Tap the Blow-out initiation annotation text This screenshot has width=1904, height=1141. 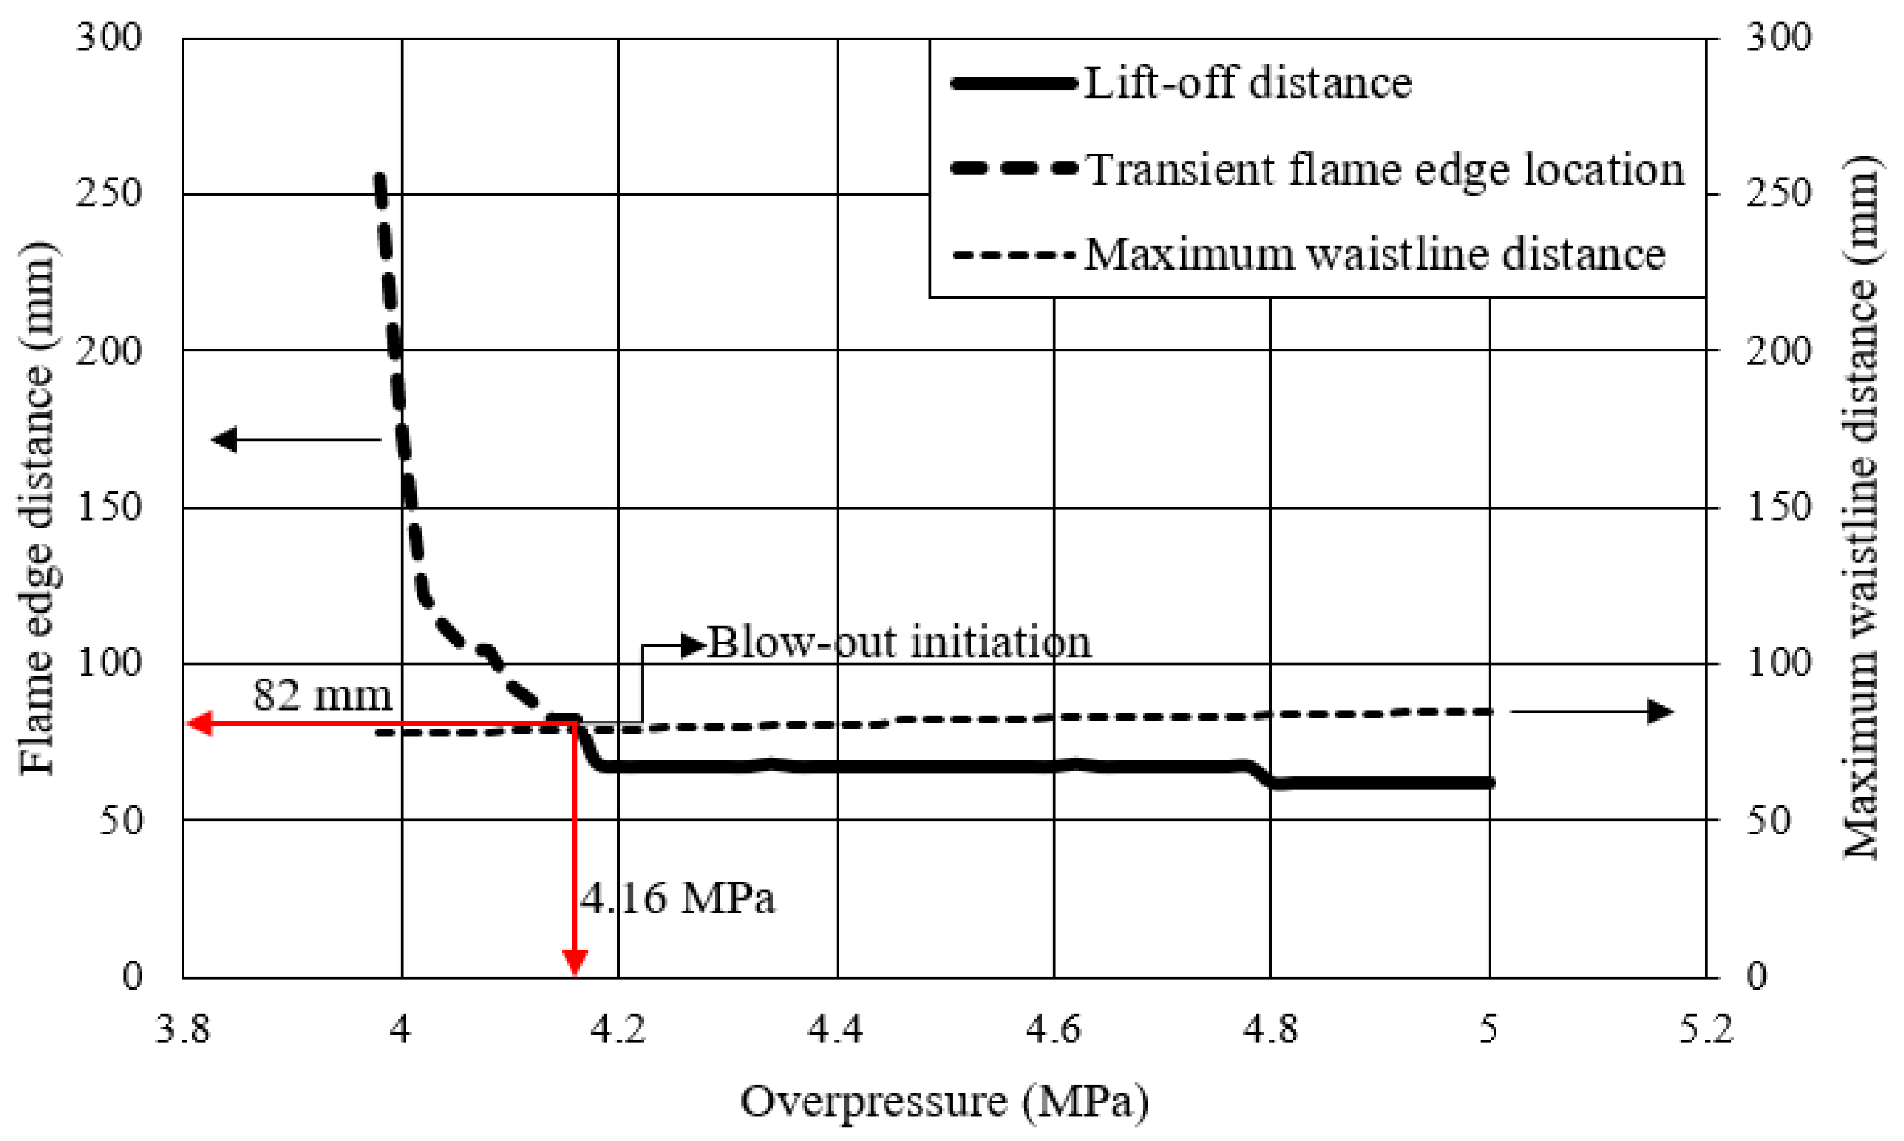click(x=898, y=642)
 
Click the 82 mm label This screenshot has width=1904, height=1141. click(x=322, y=694)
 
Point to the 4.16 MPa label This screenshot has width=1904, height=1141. click(x=677, y=897)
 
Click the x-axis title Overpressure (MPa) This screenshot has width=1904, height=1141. click(x=944, y=1101)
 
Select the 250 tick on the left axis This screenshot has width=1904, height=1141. click(x=109, y=194)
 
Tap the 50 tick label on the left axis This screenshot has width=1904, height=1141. click(x=121, y=820)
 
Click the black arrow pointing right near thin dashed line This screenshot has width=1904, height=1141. click(x=1661, y=712)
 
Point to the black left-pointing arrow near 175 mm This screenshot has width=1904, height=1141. click(x=224, y=440)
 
